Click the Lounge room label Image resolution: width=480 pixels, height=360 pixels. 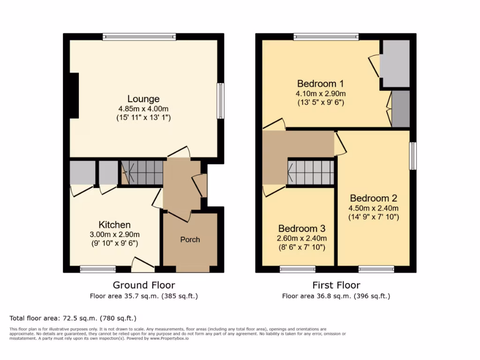(143, 99)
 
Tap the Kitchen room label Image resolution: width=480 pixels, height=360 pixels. (114, 225)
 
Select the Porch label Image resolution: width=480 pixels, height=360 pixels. (190, 240)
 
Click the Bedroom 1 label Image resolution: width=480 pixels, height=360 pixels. (321, 84)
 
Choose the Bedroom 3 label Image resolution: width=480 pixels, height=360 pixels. (302, 229)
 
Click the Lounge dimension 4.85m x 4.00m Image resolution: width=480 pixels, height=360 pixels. (143, 109)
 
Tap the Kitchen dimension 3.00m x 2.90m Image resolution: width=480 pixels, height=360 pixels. (114, 234)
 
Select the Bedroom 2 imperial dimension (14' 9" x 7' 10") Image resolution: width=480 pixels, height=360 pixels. (373, 217)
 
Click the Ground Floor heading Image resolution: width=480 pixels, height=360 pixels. (144, 285)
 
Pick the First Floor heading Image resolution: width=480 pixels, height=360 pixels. (336, 285)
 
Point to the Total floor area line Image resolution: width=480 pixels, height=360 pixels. (73, 318)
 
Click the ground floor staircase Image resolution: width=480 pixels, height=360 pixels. (142, 172)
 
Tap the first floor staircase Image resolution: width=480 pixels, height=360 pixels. (310, 172)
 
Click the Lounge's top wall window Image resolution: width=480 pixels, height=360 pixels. (139, 37)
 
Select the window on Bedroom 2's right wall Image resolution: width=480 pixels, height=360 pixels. (412, 156)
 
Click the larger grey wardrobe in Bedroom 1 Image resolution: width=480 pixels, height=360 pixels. (395, 64)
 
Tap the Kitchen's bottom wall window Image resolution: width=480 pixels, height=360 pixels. (97, 269)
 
